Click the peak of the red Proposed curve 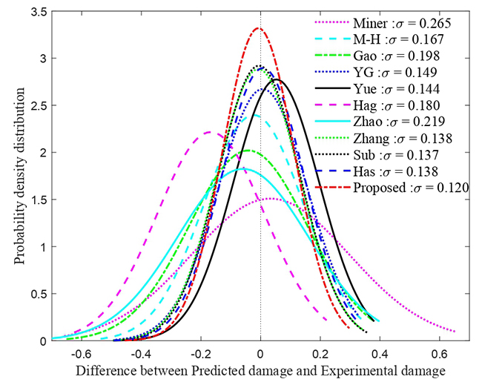point(258,28)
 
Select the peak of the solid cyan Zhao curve point(244,168)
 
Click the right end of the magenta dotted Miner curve point(455,332)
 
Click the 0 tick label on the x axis point(260,352)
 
